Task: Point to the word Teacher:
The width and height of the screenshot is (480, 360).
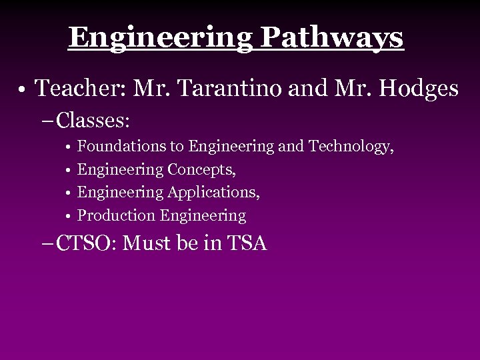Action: click(x=74, y=87)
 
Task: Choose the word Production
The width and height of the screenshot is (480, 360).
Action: click(x=116, y=215)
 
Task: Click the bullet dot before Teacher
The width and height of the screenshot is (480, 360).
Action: click(x=23, y=89)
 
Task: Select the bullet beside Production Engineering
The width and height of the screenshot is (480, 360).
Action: click(x=69, y=216)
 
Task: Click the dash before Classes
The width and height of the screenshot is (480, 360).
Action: click(x=51, y=122)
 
